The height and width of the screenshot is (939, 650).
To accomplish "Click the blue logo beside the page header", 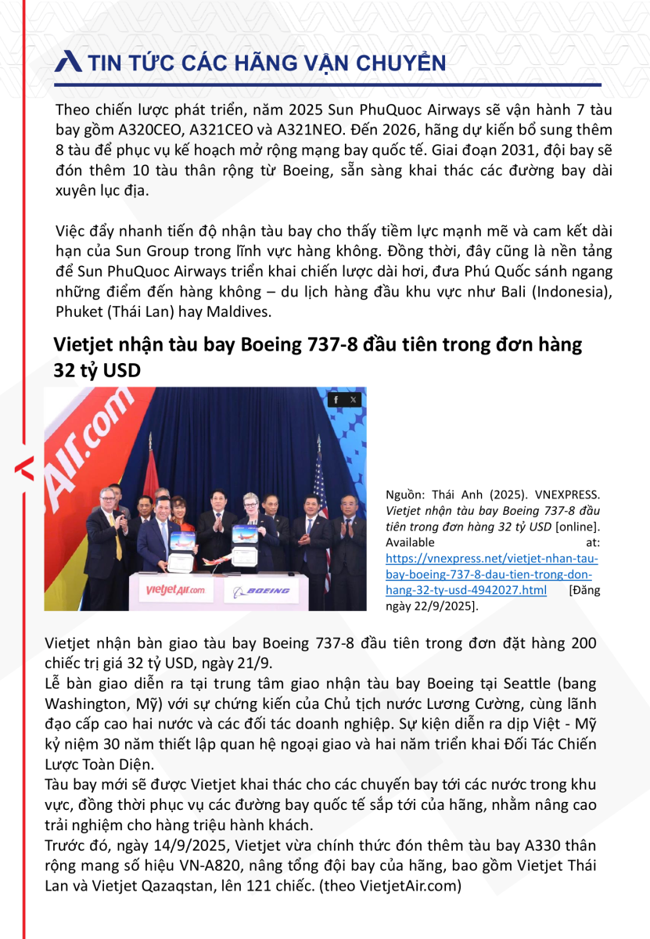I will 69,62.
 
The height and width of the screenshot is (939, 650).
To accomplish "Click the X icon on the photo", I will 354,400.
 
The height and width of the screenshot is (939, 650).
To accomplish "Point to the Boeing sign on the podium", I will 262,591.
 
